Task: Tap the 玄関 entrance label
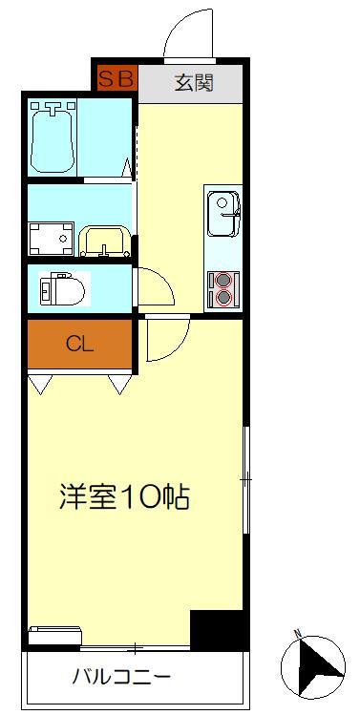(x=194, y=81)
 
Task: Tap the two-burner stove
(x=225, y=289)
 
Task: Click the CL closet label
(x=79, y=345)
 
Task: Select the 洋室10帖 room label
(x=124, y=496)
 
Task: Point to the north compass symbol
(x=316, y=665)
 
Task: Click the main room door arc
(x=163, y=341)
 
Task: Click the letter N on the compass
(x=298, y=634)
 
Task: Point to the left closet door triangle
(x=41, y=383)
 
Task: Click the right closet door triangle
(x=120, y=383)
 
